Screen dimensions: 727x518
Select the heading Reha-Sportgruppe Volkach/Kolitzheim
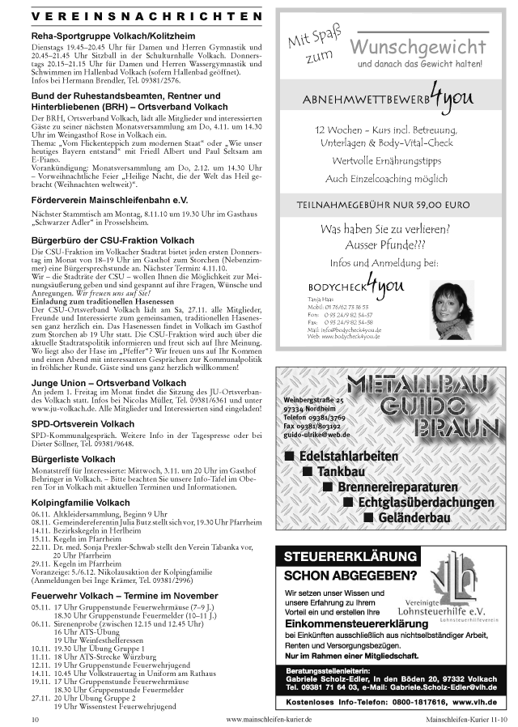[x=113, y=37]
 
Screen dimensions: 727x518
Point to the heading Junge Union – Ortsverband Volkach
[x=108, y=383]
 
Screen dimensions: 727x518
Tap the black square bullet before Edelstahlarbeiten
[x=290, y=457]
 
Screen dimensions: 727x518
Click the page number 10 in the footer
[x=35, y=718]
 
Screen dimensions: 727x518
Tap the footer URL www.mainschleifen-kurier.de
[x=270, y=718]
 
